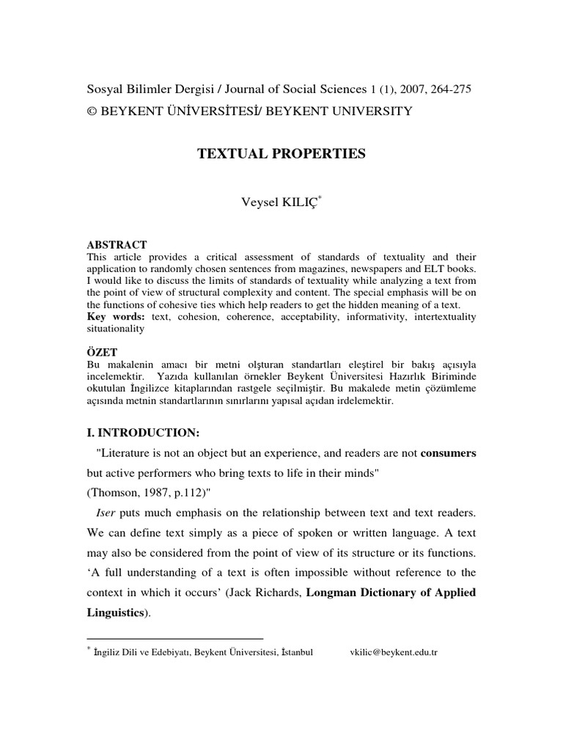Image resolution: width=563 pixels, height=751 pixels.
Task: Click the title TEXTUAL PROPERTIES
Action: (x=281, y=154)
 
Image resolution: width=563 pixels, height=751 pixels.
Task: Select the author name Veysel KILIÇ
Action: (x=281, y=203)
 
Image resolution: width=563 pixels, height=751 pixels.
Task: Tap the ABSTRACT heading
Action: (x=117, y=245)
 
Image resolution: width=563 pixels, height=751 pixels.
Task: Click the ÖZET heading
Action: (x=103, y=351)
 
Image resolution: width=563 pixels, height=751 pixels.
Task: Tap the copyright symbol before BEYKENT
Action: (x=92, y=111)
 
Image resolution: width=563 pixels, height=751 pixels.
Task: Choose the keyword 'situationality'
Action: (x=116, y=329)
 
